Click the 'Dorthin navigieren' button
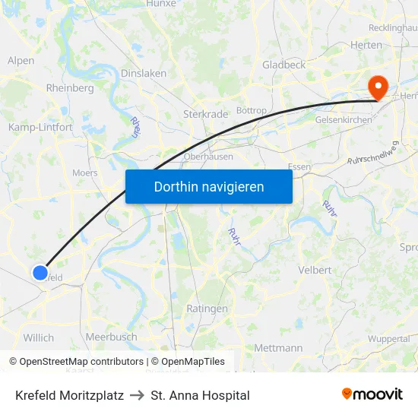[x=209, y=186]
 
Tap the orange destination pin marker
[x=377, y=87]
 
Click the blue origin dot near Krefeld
[x=40, y=272]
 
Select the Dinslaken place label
[x=144, y=74]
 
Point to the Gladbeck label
[x=283, y=65]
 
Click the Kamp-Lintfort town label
[x=40, y=127]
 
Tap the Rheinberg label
[x=70, y=88]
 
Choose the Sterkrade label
[x=205, y=114]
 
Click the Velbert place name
[x=315, y=270]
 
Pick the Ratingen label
[x=207, y=309]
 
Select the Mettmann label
[x=277, y=348]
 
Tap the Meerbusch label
[x=111, y=337]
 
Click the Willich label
[x=39, y=337]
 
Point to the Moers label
[x=84, y=173]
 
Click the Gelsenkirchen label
[x=344, y=120]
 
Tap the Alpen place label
[x=21, y=61]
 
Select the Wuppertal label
[x=388, y=339]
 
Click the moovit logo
[x=372, y=394]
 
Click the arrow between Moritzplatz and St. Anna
[x=138, y=395]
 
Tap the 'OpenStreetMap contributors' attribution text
[x=81, y=362]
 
